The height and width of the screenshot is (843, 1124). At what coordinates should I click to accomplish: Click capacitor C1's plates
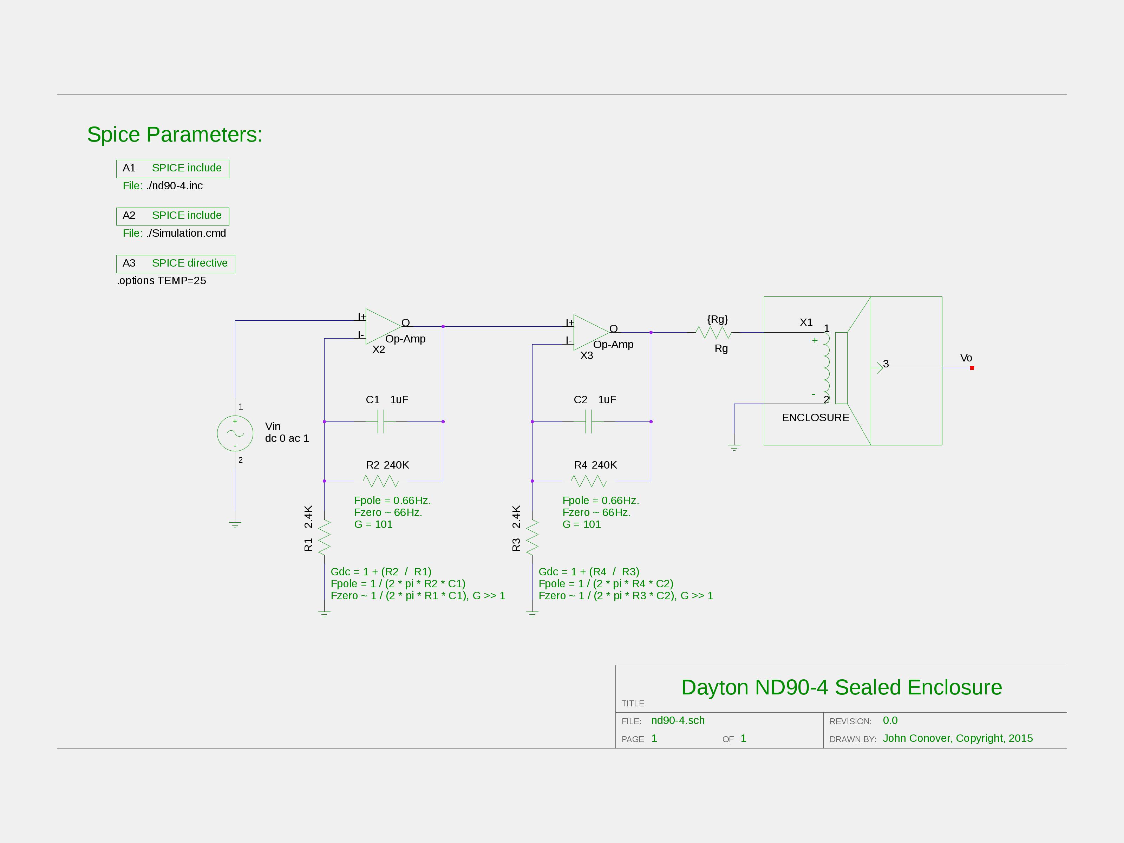coord(381,422)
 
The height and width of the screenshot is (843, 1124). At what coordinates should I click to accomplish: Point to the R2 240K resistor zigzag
coord(381,481)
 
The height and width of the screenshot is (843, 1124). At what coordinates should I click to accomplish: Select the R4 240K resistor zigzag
coord(588,481)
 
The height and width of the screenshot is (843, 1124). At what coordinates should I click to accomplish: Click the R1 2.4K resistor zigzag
coord(324,537)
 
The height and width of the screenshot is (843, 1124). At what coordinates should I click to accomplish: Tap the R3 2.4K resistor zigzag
coord(532,537)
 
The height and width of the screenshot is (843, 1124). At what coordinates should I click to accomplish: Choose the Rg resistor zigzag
coord(713,332)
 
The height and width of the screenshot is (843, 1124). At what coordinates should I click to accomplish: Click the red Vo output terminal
coord(972,368)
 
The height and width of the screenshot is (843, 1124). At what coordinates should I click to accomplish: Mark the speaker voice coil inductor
coord(826,368)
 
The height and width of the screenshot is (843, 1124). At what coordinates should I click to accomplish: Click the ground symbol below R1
coord(324,615)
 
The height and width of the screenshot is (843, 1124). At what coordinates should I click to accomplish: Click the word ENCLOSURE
coord(816,418)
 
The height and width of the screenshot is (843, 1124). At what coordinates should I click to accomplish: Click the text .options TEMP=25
coord(162,281)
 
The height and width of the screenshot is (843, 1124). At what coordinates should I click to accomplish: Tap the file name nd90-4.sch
coord(678,720)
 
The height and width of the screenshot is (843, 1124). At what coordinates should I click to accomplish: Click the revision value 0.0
coord(890,720)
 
